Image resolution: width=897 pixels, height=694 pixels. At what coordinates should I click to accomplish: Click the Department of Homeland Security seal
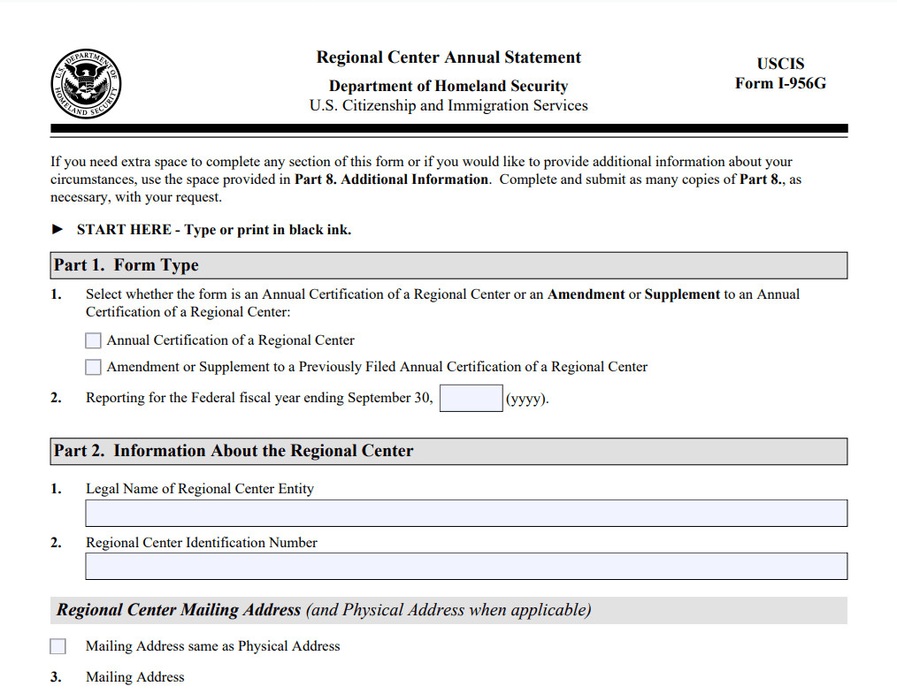(86, 86)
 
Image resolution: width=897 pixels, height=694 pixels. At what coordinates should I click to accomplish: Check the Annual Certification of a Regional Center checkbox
(94, 340)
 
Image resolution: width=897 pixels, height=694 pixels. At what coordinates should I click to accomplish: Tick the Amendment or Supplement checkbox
(94, 367)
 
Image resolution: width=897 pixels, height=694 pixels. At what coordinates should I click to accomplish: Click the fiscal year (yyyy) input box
(471, 398)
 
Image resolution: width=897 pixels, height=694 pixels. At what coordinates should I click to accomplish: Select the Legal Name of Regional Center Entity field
(465, 514)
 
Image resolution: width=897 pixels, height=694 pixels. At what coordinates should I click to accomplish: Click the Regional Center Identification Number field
(465, 567)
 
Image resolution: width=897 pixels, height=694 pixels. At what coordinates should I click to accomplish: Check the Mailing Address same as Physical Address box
(58, 646)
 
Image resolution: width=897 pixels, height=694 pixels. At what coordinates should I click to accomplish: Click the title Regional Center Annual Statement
(448, 57)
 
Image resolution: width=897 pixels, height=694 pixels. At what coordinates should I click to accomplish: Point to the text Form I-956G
(780, 84)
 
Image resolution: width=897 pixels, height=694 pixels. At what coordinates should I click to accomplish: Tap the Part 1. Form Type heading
(126, 265)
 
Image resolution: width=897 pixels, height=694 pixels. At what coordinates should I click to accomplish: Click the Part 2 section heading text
(234, 451)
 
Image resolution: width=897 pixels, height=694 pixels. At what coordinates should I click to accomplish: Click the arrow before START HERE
(58, 230)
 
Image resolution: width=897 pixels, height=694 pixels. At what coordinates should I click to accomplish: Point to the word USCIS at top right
(780, 64)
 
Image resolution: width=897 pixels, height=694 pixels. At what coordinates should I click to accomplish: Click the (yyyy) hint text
(527, 399)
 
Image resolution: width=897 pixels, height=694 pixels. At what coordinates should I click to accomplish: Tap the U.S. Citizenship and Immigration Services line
(448, 106)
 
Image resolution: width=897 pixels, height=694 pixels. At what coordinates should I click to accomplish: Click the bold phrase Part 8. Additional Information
(391, 179)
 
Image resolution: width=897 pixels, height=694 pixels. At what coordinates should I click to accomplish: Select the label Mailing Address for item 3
(135, 677)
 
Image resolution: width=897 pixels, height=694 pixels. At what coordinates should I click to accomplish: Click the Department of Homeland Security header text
(448, 86)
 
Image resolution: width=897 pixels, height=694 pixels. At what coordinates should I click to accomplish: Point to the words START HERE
(124, 230)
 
